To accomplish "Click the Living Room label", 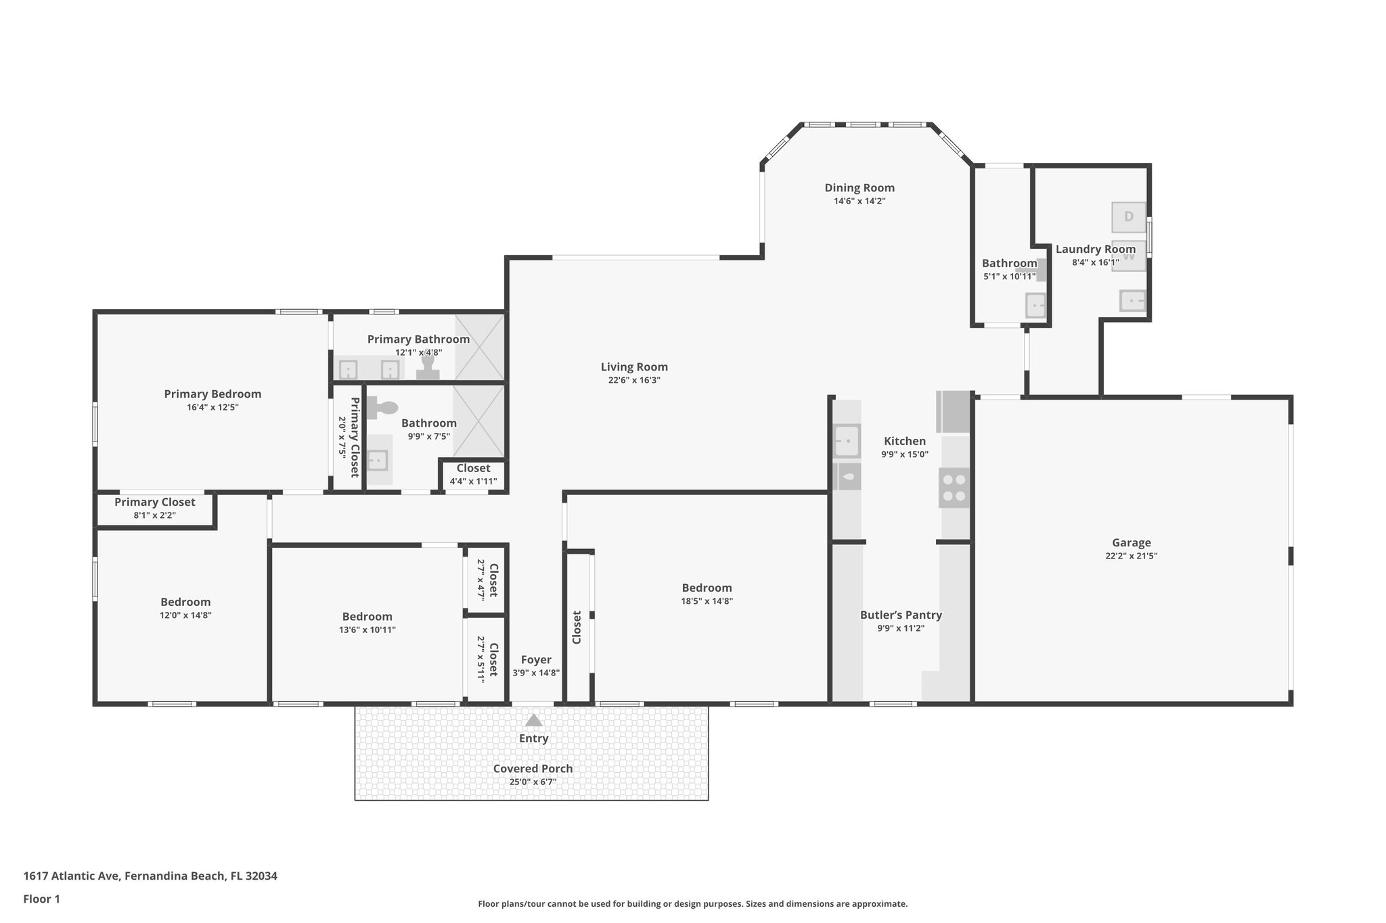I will (634, 367).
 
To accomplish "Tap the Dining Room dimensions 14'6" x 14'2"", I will (859, 202).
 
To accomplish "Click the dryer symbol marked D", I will (1128, 217).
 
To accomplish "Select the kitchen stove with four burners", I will (954, 488).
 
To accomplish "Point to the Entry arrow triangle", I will (533, 720).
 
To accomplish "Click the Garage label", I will (1131, 542).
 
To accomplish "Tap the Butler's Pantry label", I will (901, 615).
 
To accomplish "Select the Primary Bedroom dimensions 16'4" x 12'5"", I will (213, 408).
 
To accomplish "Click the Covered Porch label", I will (533, 768).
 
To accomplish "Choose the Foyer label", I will (535, 659).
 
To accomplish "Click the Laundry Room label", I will (1095, 249).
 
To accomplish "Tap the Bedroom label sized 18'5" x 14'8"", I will (707, 588).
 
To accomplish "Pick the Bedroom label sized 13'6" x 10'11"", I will (367, 616).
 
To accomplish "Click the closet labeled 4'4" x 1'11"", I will (473, 475).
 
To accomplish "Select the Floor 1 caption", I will (41, 899).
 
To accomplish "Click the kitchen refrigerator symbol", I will (954, 412).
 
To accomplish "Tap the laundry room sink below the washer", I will (1132, 300).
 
